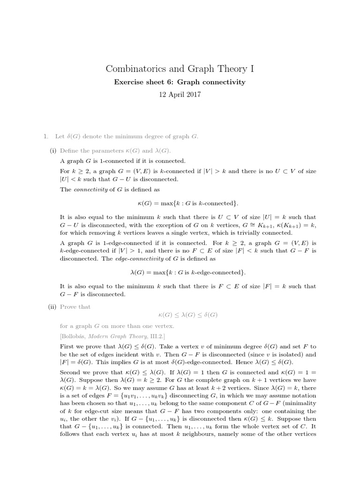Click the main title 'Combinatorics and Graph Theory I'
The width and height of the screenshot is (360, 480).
click(x=180, y=69)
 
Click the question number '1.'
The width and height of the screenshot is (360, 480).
click(x=45, y=136)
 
